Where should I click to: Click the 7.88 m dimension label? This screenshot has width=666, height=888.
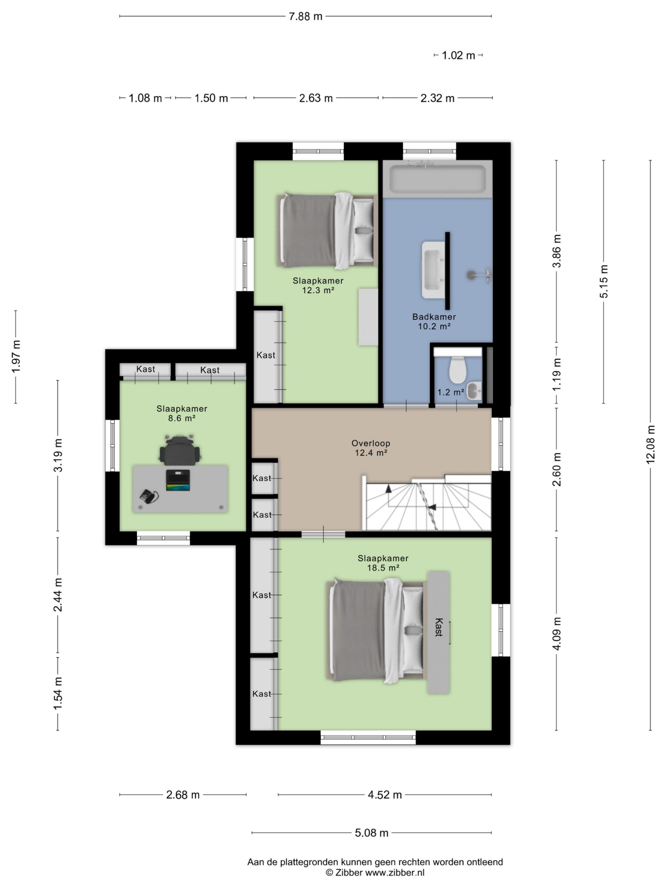pos(306,16)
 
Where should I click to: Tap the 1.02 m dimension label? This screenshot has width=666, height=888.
pos(458,55)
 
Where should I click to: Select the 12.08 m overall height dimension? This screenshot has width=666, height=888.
pos(650,445)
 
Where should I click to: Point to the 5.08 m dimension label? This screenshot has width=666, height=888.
pos(372,832)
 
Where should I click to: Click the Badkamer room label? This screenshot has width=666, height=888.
pos(434,317)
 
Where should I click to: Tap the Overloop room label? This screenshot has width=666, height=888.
pos(370,443)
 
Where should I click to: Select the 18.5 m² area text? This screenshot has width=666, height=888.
pos(383,567)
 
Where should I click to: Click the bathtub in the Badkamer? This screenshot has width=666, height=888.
pos(437,179)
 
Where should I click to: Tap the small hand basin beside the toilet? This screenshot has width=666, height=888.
pos(474,391)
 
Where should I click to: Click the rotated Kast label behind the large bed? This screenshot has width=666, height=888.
pos(438,627)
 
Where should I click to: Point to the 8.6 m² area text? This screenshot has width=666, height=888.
pos(181,418)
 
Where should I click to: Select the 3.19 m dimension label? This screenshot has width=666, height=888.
pos(58,455)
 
